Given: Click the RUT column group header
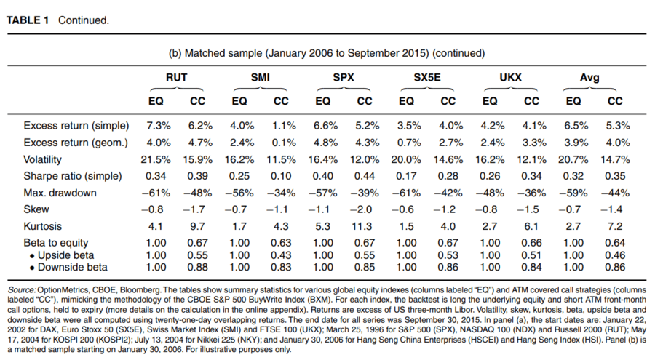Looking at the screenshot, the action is pos(176,77).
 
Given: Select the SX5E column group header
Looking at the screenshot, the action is pos(427,77).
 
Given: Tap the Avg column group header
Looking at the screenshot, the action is pos(589,77).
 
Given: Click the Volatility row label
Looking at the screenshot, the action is pos(43,159).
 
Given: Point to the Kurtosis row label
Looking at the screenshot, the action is pos(43,226).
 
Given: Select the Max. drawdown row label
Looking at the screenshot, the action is pos(60,193).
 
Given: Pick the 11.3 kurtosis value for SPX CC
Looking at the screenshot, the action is pos(362,226).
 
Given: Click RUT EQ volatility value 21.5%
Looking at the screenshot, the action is pos(156,159).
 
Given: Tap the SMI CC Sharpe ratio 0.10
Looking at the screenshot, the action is pos(281,176).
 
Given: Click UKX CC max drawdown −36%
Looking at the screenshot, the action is pos(531,193).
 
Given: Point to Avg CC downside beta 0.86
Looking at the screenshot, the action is pos(615,267).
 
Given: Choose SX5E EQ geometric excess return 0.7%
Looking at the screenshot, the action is pos(409,143).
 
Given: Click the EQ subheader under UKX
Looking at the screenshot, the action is pos(490,101).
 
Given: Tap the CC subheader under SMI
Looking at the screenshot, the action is pos(281,101).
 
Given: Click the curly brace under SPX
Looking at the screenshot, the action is pos(344,89).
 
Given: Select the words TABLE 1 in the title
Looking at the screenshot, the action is pos(28,20).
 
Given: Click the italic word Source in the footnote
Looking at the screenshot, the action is pos(21,289).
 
